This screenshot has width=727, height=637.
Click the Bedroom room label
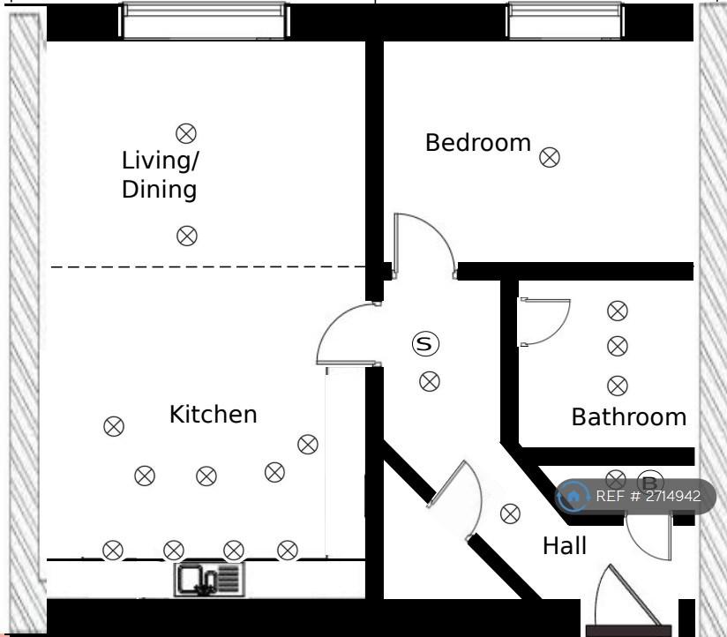478,143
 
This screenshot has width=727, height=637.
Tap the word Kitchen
214,415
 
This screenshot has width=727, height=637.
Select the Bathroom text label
629,417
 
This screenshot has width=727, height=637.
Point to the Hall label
565,545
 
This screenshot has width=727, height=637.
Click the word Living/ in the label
161,161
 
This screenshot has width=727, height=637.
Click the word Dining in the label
160,190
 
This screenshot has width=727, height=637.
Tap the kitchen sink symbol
209,579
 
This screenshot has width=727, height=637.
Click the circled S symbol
425,343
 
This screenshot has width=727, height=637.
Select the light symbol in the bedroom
550,157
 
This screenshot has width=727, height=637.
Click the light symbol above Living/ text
186,133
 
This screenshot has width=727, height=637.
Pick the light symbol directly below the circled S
430,382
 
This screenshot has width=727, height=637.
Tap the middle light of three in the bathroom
617,347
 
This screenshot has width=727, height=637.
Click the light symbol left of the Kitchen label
114,426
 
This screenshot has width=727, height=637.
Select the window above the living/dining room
205,20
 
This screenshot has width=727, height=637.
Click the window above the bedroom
566,20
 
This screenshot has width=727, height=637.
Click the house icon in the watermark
573,497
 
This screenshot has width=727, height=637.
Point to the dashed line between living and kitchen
208,267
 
